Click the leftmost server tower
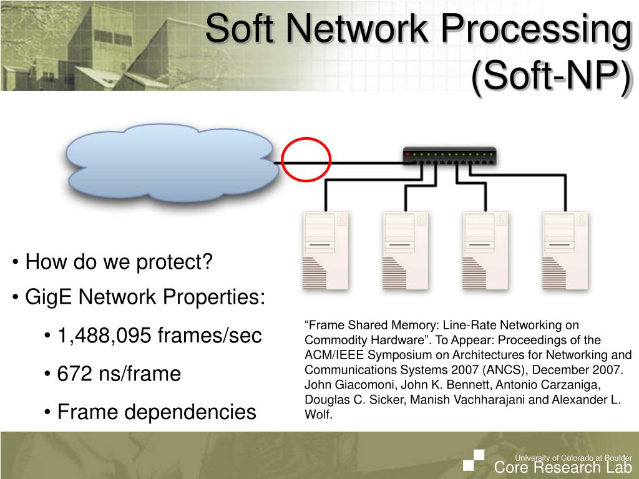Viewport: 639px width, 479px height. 324,250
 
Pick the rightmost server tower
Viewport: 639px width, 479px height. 565,250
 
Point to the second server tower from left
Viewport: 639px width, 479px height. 405,250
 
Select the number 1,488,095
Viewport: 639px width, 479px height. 104,336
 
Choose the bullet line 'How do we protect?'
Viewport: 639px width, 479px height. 119,262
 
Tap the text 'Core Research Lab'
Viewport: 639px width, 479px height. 563,467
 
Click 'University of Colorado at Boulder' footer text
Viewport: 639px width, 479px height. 573,458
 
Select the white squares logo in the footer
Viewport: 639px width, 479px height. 474,461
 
